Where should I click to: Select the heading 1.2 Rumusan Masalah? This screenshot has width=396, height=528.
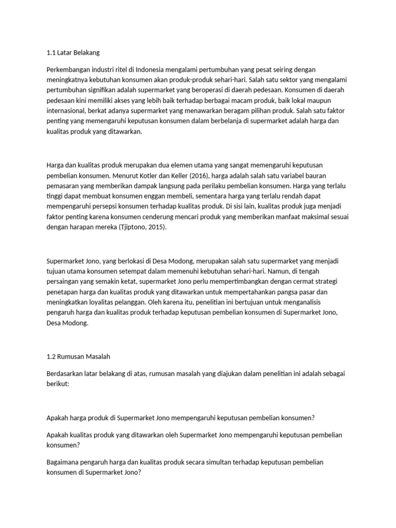click(x=78, y=356)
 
